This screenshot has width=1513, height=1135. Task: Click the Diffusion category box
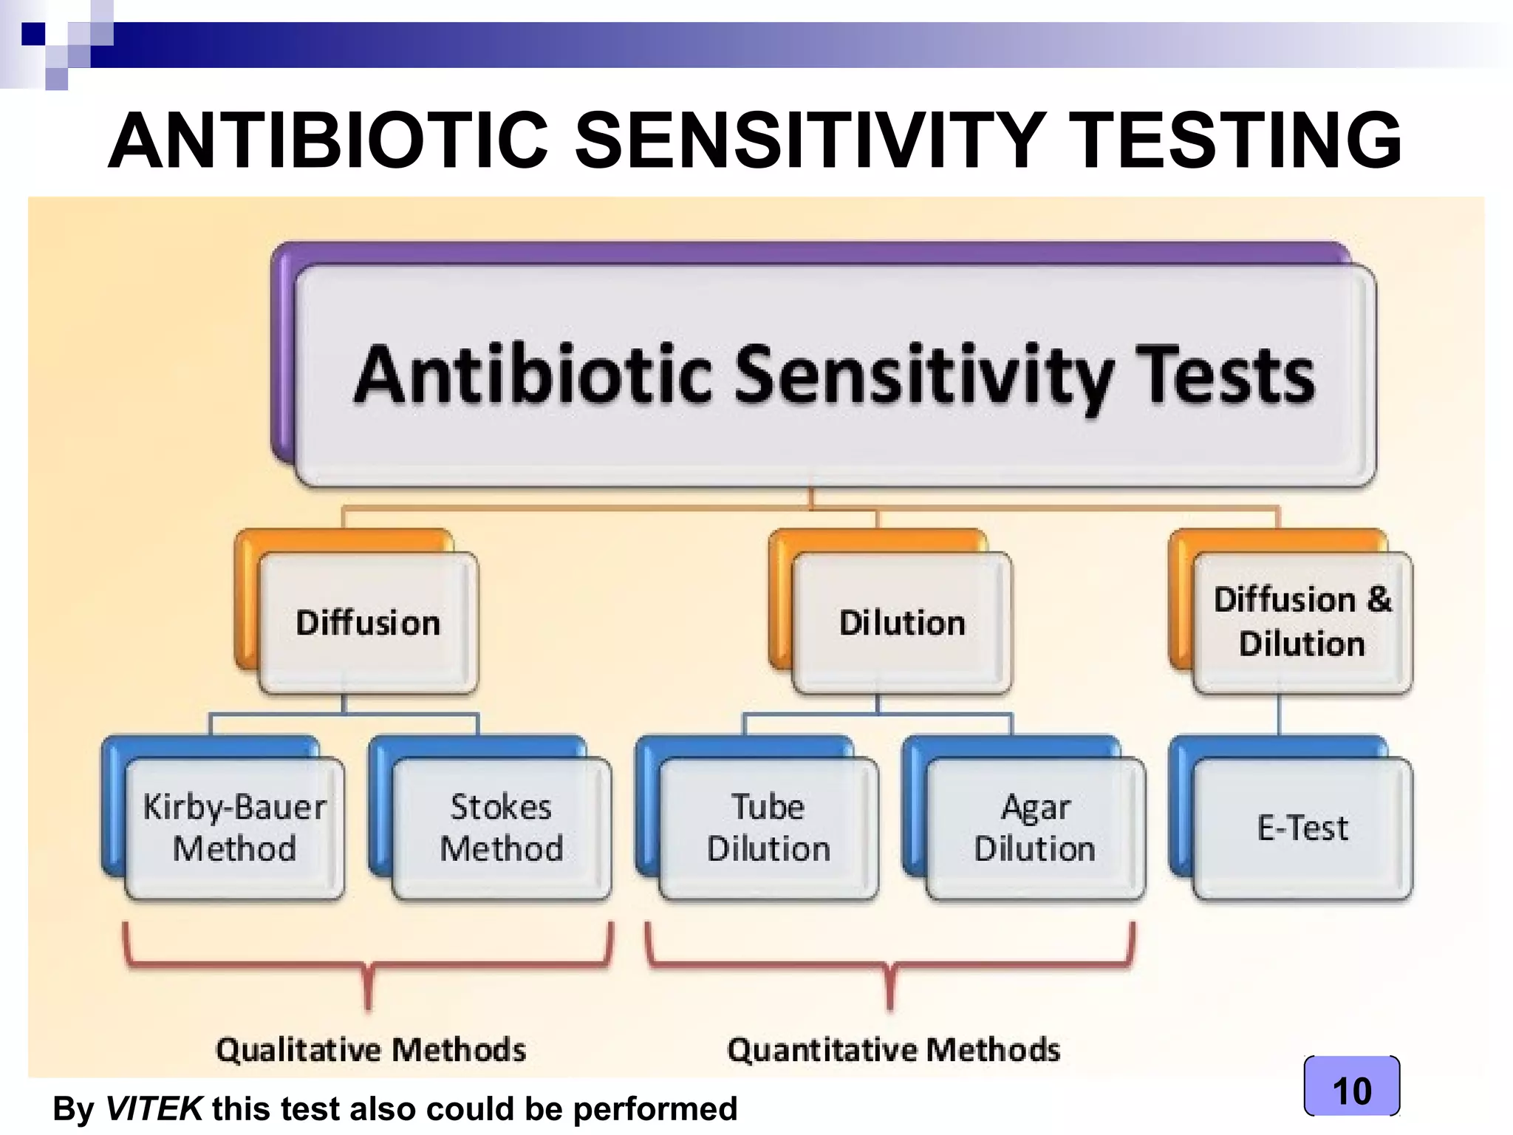[368, 622]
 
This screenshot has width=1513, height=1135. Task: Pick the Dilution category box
[901, 622]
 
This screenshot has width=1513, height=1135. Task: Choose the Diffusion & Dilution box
[1302, 622]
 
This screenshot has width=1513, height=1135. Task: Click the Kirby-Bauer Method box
[234, 828]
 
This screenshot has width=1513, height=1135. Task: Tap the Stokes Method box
[502, 828]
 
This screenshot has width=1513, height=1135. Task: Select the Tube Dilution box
[768, 828]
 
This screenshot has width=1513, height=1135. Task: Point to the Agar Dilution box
[1035, 828]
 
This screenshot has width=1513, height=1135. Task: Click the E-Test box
[1302, 828]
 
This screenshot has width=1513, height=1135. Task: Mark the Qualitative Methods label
[371, 1049]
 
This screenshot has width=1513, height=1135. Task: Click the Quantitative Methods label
[893, 1049]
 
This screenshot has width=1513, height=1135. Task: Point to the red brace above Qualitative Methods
[368, 964]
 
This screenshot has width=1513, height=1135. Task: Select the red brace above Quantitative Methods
[890, 964]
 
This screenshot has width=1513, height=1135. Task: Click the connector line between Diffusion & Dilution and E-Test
[1279, 715]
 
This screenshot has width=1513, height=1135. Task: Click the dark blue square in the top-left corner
[33, 34]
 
